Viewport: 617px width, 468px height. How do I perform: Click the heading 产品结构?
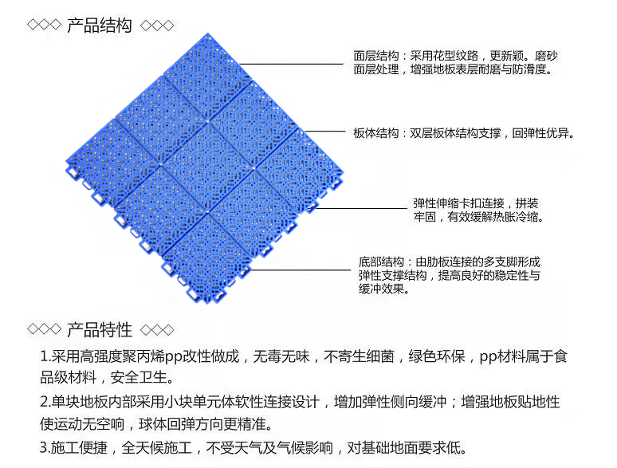tap(99, 26)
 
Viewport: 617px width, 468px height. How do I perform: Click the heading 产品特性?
tap(99, 328)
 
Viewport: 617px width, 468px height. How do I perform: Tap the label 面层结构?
tap(376, 57)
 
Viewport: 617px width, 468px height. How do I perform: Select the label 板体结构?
tap(376, 133)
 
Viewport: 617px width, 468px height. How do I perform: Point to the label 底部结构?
tap(382, 262)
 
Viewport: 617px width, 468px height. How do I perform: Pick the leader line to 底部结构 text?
tap(303, 271)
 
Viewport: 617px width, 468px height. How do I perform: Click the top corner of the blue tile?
tap(208, 34)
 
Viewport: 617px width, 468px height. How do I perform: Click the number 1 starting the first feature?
tap(44, 356)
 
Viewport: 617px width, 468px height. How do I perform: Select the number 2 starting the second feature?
tap(44, 401)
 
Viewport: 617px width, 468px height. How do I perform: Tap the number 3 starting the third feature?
tap(44, 446)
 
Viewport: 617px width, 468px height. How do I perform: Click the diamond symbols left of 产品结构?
tap(44, 26)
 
